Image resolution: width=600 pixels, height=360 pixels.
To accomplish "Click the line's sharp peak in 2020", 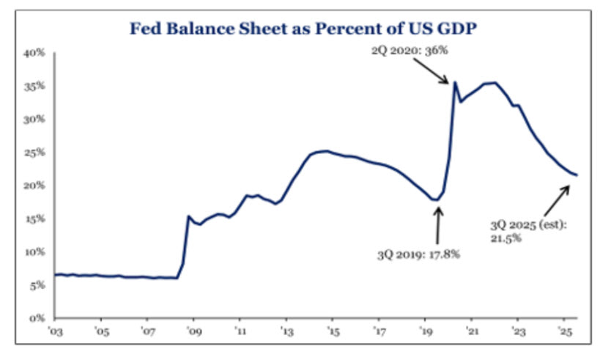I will pyautogui.click(x=455, y=82).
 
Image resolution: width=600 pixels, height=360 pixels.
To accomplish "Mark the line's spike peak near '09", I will pyautogui.click(x=188, y=216).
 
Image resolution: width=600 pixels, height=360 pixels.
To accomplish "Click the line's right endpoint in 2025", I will pyautogui.click(x=577, y=175).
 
